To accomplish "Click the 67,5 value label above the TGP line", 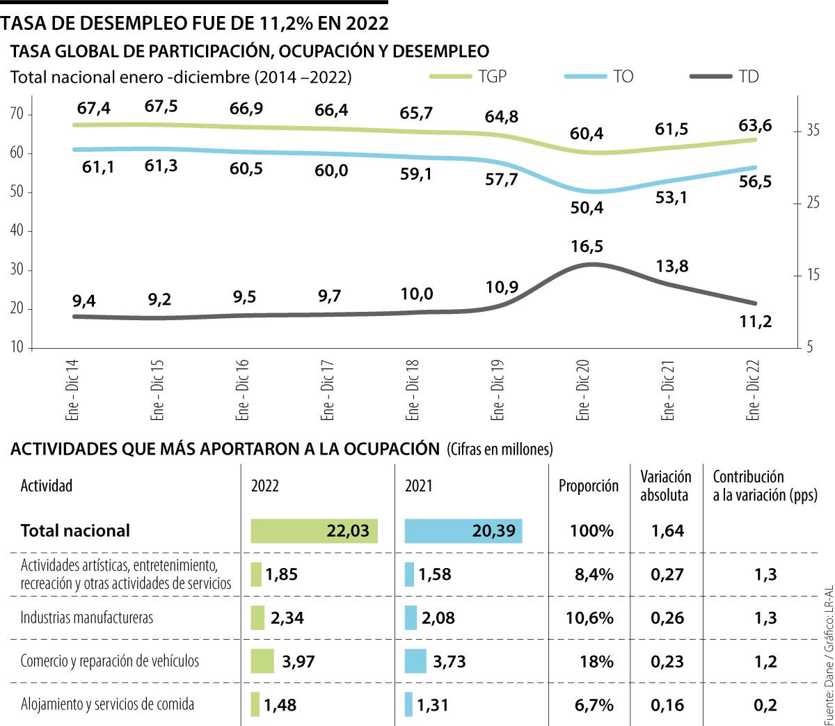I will click(161, 106).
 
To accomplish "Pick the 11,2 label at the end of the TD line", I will click(755, 322).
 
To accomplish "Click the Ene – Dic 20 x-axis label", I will click(583, 390).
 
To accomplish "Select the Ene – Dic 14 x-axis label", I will click(72, 390).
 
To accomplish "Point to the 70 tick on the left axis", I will click(17, 114).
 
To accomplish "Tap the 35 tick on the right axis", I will click(812, 130).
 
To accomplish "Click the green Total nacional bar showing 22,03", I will click(314, 531).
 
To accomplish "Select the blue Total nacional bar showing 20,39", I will click(463, 531).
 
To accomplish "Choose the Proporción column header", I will click(588, 486).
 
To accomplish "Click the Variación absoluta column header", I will click(666, 486).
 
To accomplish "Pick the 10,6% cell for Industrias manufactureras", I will click(589, 618).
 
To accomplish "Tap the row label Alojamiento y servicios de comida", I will click(107, 704).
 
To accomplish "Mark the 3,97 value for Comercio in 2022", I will click(299, 661).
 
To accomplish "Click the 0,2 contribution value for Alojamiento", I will click(765, 705).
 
